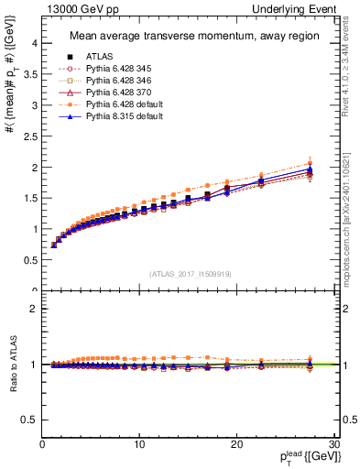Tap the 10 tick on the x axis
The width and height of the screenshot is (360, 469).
139,444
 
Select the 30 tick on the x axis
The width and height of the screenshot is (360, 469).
333,444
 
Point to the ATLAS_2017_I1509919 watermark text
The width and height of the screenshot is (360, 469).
190,273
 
